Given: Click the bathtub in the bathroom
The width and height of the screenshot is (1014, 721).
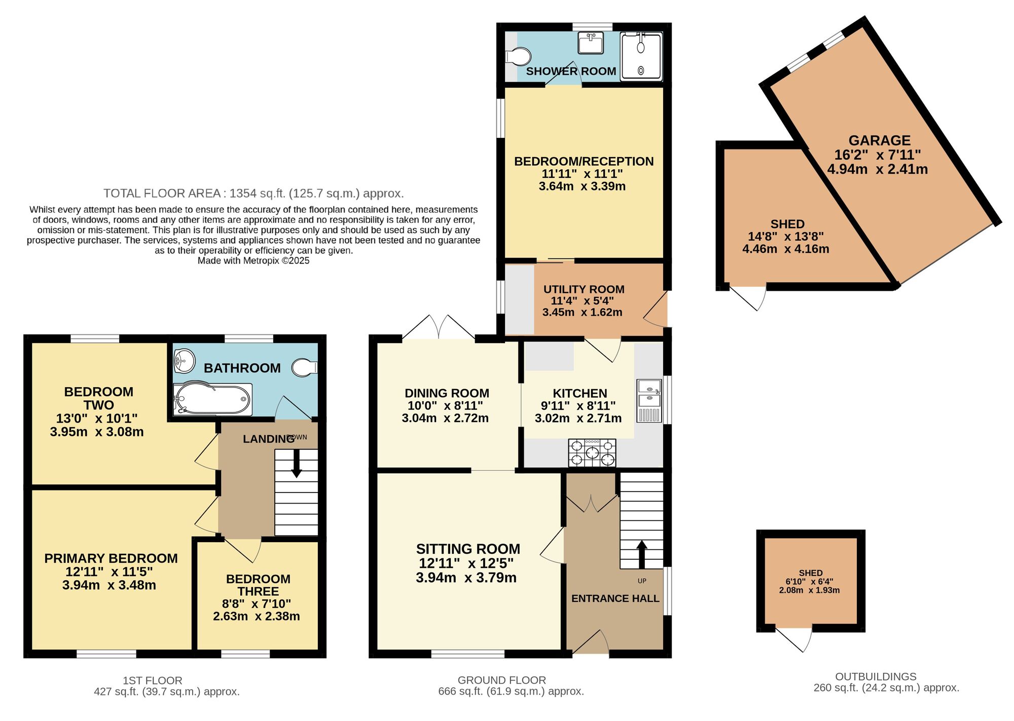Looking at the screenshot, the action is [x=212, y=399].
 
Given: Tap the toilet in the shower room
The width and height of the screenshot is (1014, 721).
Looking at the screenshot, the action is [x=518, y=56].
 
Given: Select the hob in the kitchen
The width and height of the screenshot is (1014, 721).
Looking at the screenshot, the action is [x=592, y=452].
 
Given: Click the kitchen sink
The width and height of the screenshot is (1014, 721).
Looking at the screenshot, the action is [x=649, y=401].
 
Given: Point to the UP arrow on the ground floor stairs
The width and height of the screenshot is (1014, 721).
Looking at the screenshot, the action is [x=642, y=554].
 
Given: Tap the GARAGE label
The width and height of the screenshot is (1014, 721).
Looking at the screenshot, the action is [x=880, y=140].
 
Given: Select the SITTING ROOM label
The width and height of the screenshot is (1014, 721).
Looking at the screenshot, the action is [x=468, y=549].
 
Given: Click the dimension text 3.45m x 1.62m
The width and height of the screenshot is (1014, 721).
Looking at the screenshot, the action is [x=582, y=312].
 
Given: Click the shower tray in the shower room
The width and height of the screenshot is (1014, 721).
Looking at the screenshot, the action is [x=641, y=56].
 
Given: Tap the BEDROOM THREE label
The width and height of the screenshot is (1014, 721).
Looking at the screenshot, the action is [x=258, y=585].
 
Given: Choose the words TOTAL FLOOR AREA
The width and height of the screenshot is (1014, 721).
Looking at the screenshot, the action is [x=162, y=193].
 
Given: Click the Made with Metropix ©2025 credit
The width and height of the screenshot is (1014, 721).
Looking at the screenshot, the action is [x=253, y=260].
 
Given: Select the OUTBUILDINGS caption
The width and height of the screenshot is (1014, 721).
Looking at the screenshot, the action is [x=876, y=676].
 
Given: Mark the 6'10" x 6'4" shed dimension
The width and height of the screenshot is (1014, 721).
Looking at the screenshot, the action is [x=810, y=582].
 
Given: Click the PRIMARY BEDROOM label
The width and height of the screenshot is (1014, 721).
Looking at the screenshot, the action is [x=111, y=558].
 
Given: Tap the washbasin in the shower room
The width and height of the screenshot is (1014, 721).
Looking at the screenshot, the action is [x=591, y=43].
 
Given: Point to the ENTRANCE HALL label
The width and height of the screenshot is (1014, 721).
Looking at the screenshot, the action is [x=615, y=598].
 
